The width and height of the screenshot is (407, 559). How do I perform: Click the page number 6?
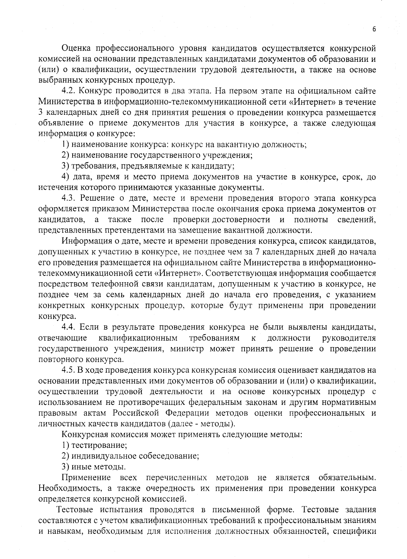(x=374, y=29)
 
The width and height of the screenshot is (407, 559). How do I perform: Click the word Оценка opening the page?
(x=76, y=49)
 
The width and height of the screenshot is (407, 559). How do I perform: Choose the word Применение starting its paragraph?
(x=86, y=477)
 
